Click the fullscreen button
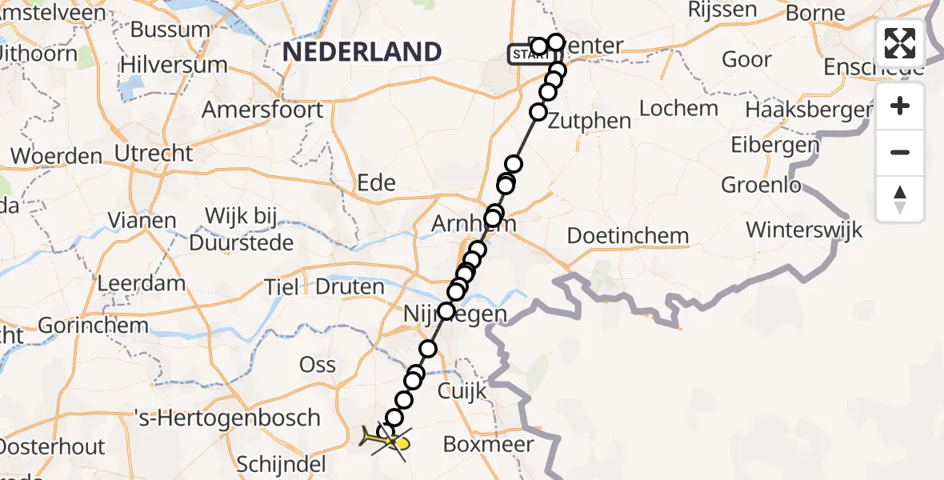900,43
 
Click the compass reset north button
900,199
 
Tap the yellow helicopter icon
388,438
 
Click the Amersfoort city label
262,110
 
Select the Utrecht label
154,153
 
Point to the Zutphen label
590,121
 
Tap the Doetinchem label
628,236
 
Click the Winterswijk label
804,230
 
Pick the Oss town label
317,364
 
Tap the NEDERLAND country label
362,52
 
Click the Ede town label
377,182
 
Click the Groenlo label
761,185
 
